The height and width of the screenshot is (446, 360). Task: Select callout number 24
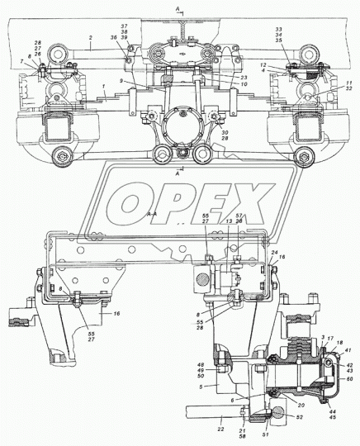[274, 252]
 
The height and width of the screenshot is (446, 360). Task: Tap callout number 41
[348, 352]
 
